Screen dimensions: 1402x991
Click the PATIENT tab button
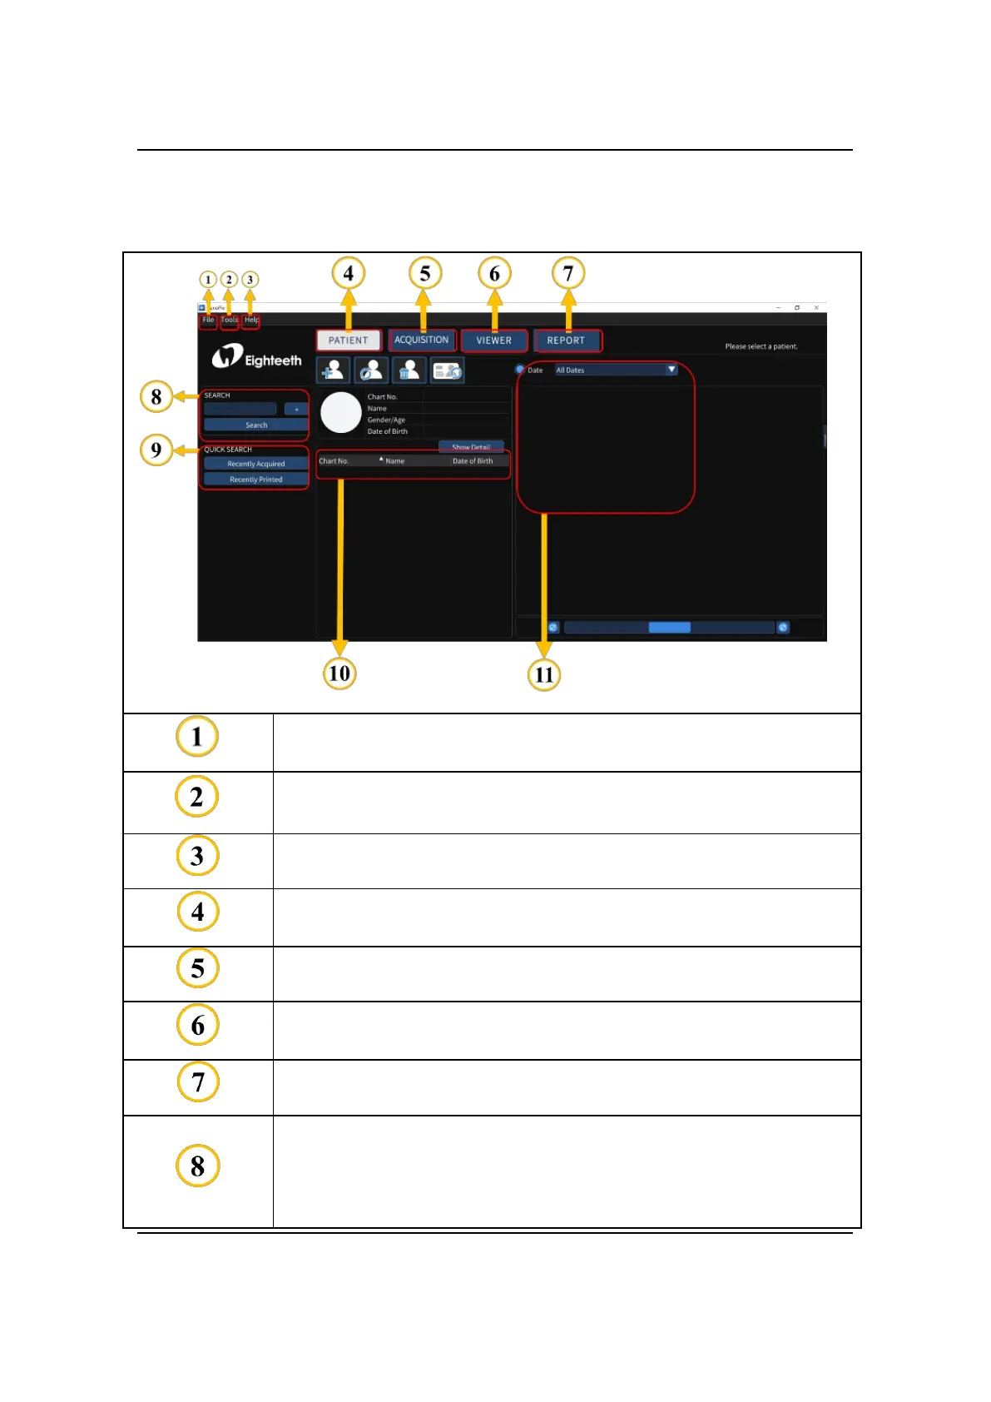(x=348, y=341)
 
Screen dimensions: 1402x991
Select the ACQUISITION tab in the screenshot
(x=421, y=340)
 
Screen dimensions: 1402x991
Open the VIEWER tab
(x=493, y=341)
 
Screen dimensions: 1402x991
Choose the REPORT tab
(x=566, y=341)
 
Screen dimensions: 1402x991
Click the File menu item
(x=208, y=320)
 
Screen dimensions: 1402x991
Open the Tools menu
(x=229, y=320)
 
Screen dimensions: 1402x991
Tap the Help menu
(x=250, y=320)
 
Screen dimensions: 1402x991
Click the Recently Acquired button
(x=255, y=464)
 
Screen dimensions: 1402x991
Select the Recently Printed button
(x=255, y=480)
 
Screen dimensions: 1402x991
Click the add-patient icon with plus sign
(x=333, y=370)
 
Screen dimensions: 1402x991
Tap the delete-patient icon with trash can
(x=409, y=370)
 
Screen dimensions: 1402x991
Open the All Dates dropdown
(x=616, y=370)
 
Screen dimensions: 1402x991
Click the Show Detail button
(x=471, y=447)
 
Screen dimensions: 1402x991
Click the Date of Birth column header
(x=473, y=461)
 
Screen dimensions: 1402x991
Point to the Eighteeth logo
(x=256, y=359)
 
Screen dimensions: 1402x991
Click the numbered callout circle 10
(x=339, y=673)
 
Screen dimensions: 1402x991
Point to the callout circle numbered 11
(x=544, y=674)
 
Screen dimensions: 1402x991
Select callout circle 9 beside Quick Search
(x=156, y=450)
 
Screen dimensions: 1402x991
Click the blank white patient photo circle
(x=341, y=413)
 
